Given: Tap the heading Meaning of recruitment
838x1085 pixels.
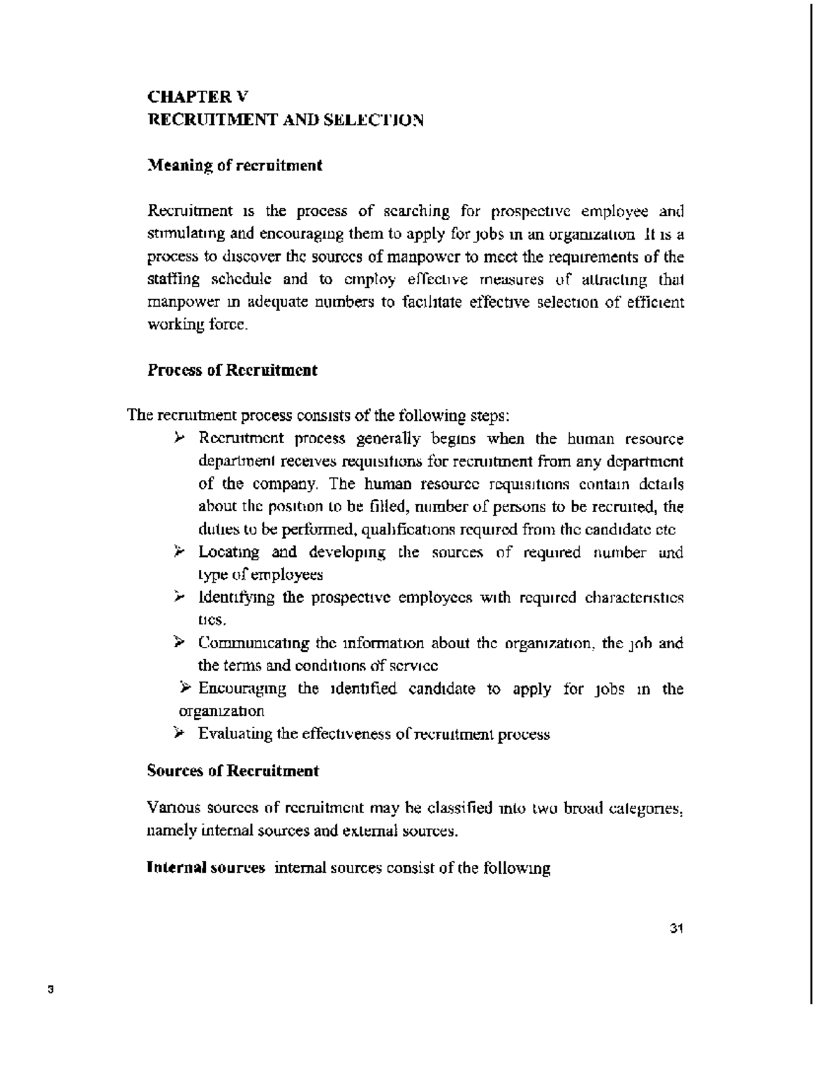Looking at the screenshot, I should point(235,166).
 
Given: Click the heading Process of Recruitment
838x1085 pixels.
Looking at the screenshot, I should point(233,370).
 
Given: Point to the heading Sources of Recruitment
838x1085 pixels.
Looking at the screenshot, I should point(233,771).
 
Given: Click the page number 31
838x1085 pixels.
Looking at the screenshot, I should point(675,929).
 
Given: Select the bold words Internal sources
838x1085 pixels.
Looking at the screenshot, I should point(206,868).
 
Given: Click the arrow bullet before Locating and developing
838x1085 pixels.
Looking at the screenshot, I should point(179,553).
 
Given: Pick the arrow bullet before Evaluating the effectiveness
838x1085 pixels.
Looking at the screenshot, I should point(179,734).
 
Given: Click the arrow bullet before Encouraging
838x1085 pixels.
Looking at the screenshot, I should point(186,689).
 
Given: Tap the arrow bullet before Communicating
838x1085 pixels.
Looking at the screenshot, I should point(179,643).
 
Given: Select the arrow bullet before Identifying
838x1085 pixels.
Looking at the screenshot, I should point(179,598).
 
